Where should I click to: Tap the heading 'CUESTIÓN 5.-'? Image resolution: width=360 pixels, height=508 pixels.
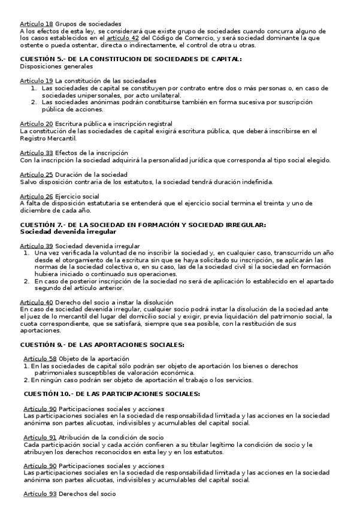(47, 59)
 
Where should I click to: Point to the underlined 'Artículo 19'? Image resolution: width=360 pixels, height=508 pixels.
(36, 80)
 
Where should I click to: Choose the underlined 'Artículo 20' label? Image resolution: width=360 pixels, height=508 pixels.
(36, 123)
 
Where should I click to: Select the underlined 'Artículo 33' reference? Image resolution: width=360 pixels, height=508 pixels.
(36, 152)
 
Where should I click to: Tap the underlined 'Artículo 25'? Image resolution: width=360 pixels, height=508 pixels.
(36, 174)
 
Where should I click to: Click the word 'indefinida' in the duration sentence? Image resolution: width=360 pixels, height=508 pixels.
(256, 181)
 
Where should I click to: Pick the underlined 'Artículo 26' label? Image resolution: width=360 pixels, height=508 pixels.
(36, 196)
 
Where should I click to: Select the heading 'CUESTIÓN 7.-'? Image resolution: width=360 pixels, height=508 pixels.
(47, 224)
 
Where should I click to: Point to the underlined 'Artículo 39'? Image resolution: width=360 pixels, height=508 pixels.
(36, 246)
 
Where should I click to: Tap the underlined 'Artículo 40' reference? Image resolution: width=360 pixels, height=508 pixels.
(36, 303)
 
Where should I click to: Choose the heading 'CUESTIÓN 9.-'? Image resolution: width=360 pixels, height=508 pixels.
(47, 344)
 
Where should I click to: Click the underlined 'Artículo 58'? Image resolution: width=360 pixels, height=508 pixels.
(40, 358)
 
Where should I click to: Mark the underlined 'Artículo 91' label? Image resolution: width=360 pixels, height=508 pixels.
(40, 437)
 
